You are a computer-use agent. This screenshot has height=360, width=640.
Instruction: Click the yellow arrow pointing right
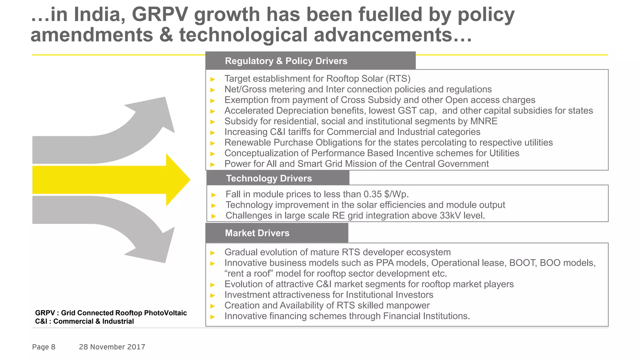point(109,180)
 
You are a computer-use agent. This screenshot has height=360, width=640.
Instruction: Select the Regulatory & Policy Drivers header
point(286,61)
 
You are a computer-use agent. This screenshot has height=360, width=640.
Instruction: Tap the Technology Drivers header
point(269,178)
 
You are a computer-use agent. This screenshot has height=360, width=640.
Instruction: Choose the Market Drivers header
point(257,233)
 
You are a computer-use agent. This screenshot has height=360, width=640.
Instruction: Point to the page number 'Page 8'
point(44,347)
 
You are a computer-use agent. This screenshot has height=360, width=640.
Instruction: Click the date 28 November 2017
point(112,347)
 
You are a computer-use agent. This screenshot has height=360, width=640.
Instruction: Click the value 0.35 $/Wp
point(386,194)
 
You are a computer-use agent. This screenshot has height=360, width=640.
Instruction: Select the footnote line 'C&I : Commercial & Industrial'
point(84,322)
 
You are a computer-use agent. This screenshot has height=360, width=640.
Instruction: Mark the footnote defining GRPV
point(111,313)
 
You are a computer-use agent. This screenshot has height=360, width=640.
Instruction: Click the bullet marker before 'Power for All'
point(213,164)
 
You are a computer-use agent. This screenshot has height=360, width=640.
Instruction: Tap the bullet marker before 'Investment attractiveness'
point(213,295)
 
